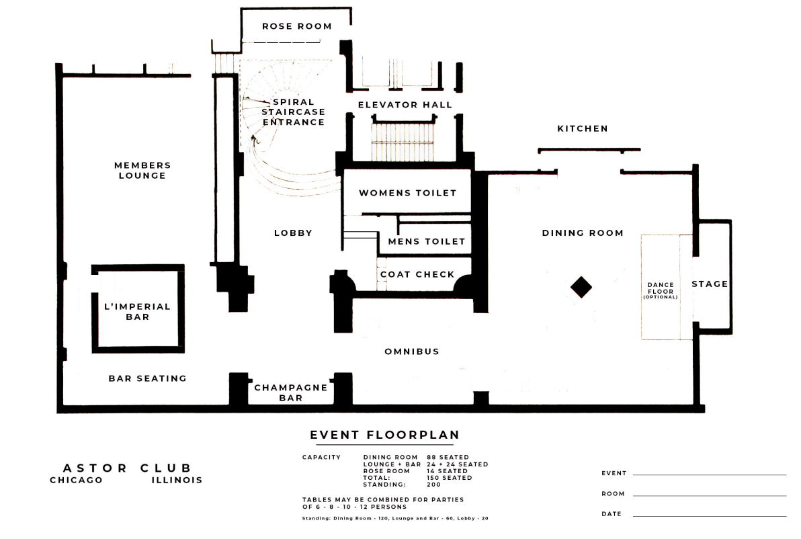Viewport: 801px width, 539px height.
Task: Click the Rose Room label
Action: pos(297,26)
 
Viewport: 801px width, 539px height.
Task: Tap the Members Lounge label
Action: pos(142,170)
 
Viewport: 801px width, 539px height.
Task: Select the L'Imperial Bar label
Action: pos(137,312)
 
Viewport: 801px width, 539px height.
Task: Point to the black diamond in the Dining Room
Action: pos(581,286)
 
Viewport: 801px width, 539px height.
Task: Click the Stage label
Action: pos(710,284)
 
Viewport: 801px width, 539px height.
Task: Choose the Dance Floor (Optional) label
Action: pos(661,290)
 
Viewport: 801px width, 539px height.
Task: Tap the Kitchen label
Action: pos(583,128)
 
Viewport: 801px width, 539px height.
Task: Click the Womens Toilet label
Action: pos(407,193)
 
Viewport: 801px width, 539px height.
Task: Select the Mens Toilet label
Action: pos(427,241)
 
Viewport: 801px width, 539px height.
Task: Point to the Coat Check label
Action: pos(417,274)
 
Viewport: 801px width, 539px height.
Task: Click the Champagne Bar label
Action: pos(291,392)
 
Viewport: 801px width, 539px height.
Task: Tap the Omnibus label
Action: pos(412,351)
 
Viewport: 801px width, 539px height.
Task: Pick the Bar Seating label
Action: pos(148,378)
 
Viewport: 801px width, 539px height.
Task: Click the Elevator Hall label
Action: pos(405,105)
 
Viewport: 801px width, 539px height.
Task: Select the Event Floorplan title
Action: pos(384,435)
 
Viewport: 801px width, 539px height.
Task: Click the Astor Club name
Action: pos(127,468)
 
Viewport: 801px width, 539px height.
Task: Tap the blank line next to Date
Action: pos(710,516)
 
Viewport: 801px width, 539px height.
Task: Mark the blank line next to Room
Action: pos(710,495)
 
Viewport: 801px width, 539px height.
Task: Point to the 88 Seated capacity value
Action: pos(448,457)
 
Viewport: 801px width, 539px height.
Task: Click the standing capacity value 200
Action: pos(433,485)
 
